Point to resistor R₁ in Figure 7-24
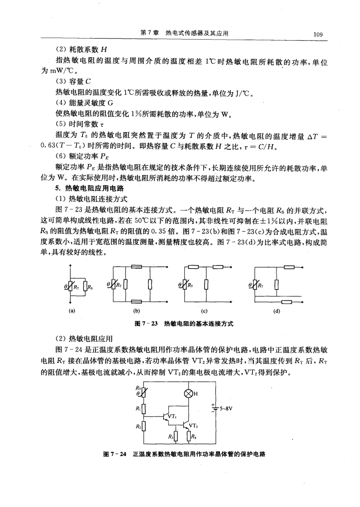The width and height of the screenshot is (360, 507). click(144, 409)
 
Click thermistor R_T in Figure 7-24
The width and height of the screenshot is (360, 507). click(144, 393)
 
